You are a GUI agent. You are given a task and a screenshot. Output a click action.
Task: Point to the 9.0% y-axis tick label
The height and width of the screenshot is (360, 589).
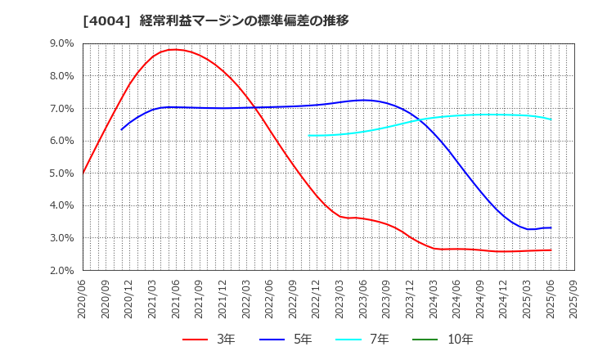[x=62, y=43]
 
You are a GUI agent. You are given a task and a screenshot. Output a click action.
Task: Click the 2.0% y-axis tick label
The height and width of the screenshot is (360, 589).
[x=62, y=271]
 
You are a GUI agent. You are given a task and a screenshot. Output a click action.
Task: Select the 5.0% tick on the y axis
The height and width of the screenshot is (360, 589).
[x=62, y=173]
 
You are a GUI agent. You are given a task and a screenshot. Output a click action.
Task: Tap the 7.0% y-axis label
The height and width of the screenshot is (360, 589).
[x=62, y=108]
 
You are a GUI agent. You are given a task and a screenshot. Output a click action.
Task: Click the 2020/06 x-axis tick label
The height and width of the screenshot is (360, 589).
[x=83, y=301]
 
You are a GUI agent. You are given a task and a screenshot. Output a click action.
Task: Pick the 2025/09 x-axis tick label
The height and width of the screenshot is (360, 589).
[x=574, y=301]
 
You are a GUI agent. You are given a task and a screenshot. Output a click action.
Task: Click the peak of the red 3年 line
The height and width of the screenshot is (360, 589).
[x=173, y=49]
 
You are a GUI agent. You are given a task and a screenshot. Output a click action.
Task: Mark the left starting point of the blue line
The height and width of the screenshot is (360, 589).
[x=122, y=129]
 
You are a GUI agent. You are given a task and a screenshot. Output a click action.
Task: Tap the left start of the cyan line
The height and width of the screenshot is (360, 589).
[x=309, y=136]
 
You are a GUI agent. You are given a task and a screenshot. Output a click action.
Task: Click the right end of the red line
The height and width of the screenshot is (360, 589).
[x=551, y=250]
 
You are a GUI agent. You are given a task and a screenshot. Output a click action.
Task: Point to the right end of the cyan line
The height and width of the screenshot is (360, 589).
[x=551, y=119]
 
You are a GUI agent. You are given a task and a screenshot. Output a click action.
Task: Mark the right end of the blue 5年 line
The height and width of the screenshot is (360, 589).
[x=551, y=227]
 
